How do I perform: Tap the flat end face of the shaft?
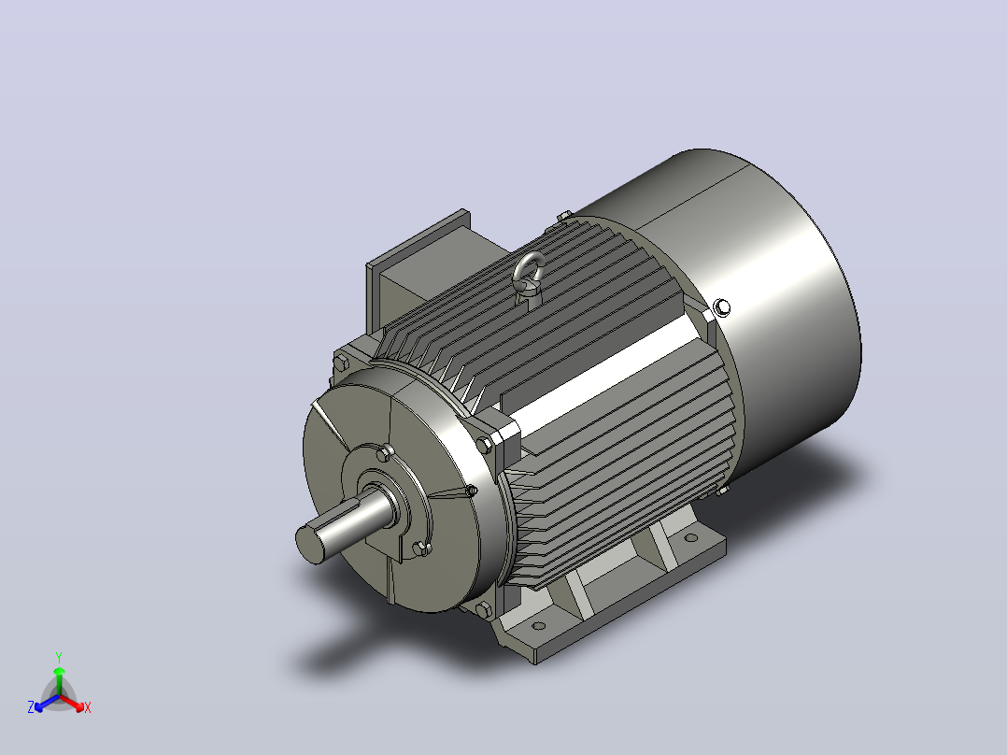(x=309, y=543)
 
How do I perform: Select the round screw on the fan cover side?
(x=722, y=307)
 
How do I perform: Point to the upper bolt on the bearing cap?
(x=384, y=453)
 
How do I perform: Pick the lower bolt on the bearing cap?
(x=420, y=548)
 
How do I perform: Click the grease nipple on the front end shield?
(x=471, y=491)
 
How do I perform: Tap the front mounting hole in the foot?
(x=539, y=626)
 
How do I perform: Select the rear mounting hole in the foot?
(x=690, y=538)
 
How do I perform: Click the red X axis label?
(x=88, y=707)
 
